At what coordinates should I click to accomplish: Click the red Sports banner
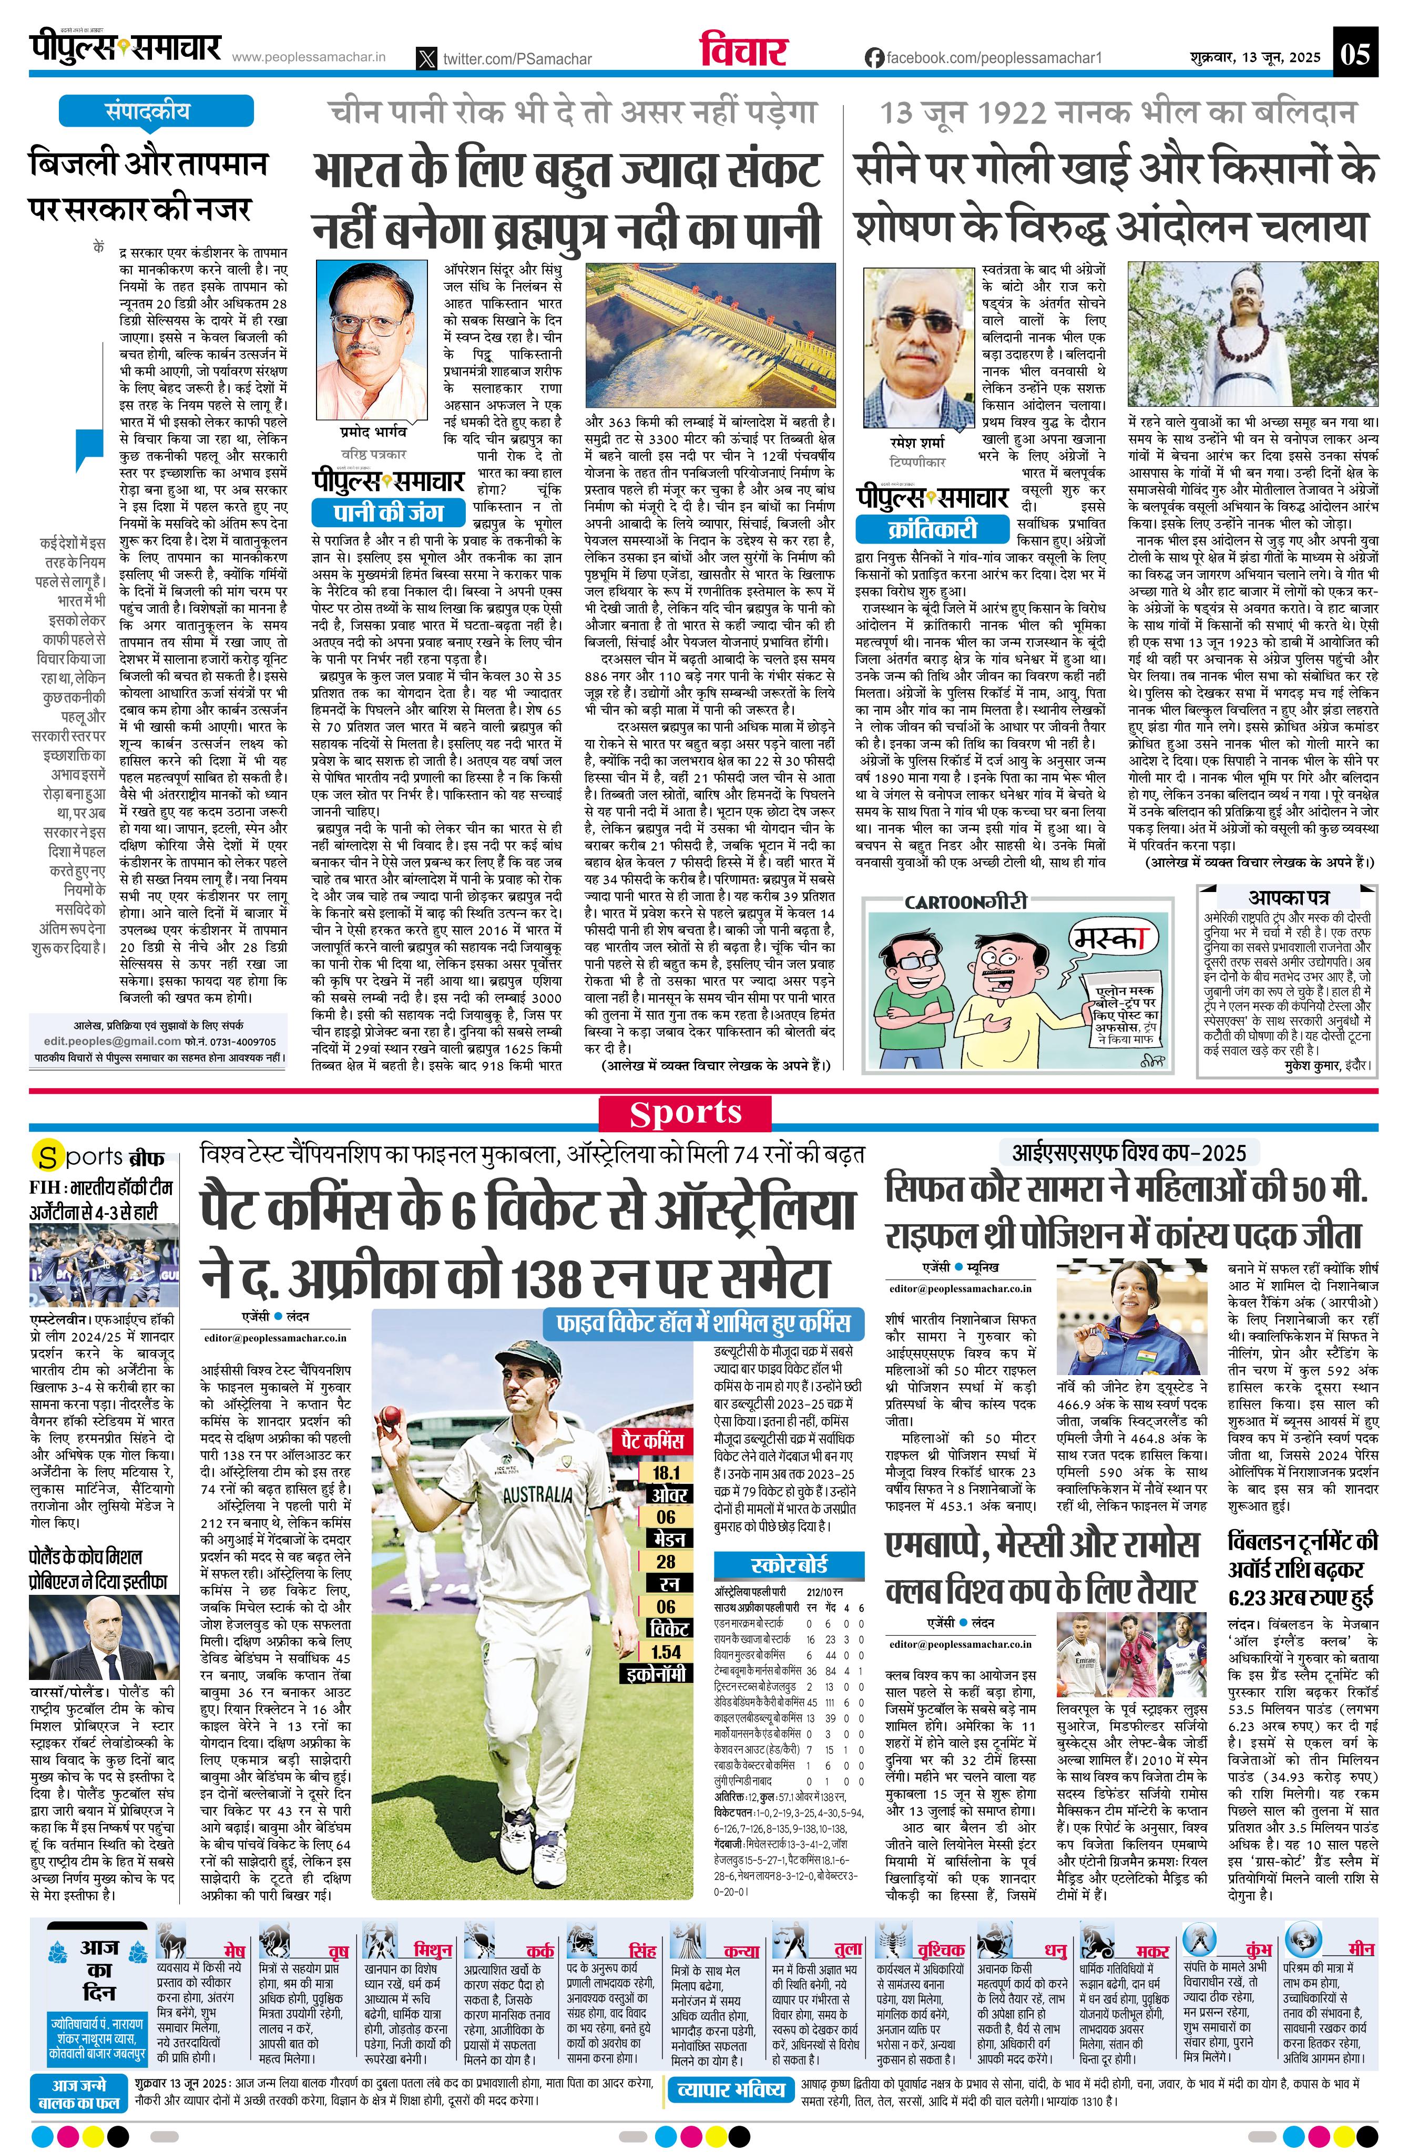[686, 1113]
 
